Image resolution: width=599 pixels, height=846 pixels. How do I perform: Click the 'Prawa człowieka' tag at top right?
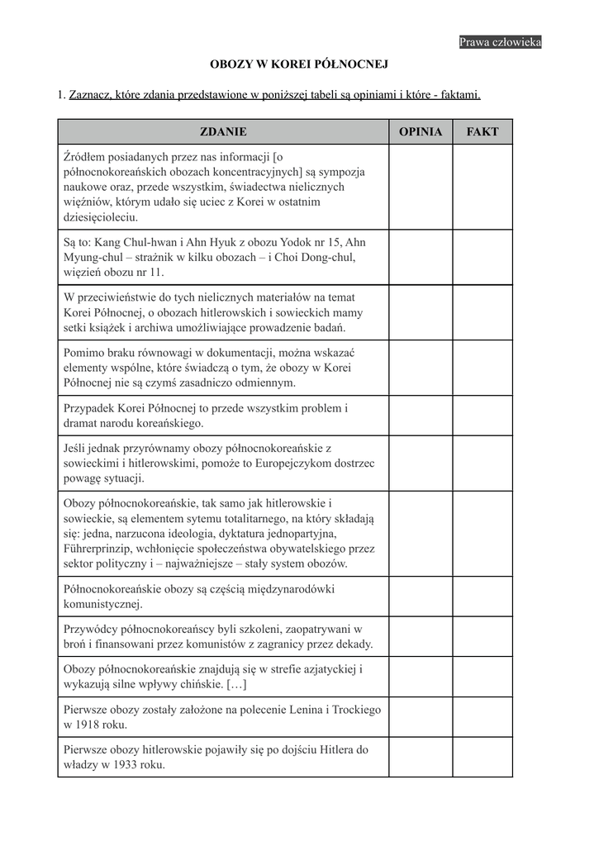[x=500, y=42]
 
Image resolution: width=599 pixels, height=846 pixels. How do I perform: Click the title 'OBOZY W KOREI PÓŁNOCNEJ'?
[x=299, y=64]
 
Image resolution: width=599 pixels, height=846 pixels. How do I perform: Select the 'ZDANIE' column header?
[x=223, y=131]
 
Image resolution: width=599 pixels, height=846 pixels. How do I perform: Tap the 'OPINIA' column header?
[x=421, y=131]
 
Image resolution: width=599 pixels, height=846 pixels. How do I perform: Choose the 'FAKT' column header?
[x=483, y=131]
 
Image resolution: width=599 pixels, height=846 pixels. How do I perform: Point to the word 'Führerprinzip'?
[x=98, y=549]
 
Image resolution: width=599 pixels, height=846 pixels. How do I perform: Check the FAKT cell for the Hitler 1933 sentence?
[x=483, y=758]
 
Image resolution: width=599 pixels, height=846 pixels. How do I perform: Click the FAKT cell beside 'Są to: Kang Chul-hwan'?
[x=483, y=257]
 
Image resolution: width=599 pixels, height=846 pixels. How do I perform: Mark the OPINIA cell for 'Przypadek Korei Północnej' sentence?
[x=421, y=416]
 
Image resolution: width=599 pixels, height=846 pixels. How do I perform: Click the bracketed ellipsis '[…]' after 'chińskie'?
[x=235, y=685]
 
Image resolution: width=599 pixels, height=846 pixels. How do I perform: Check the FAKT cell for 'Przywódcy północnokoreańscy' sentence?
[x=483, y=636]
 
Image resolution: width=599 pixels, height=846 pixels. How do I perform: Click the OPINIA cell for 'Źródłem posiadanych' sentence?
[x=421, y=187]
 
